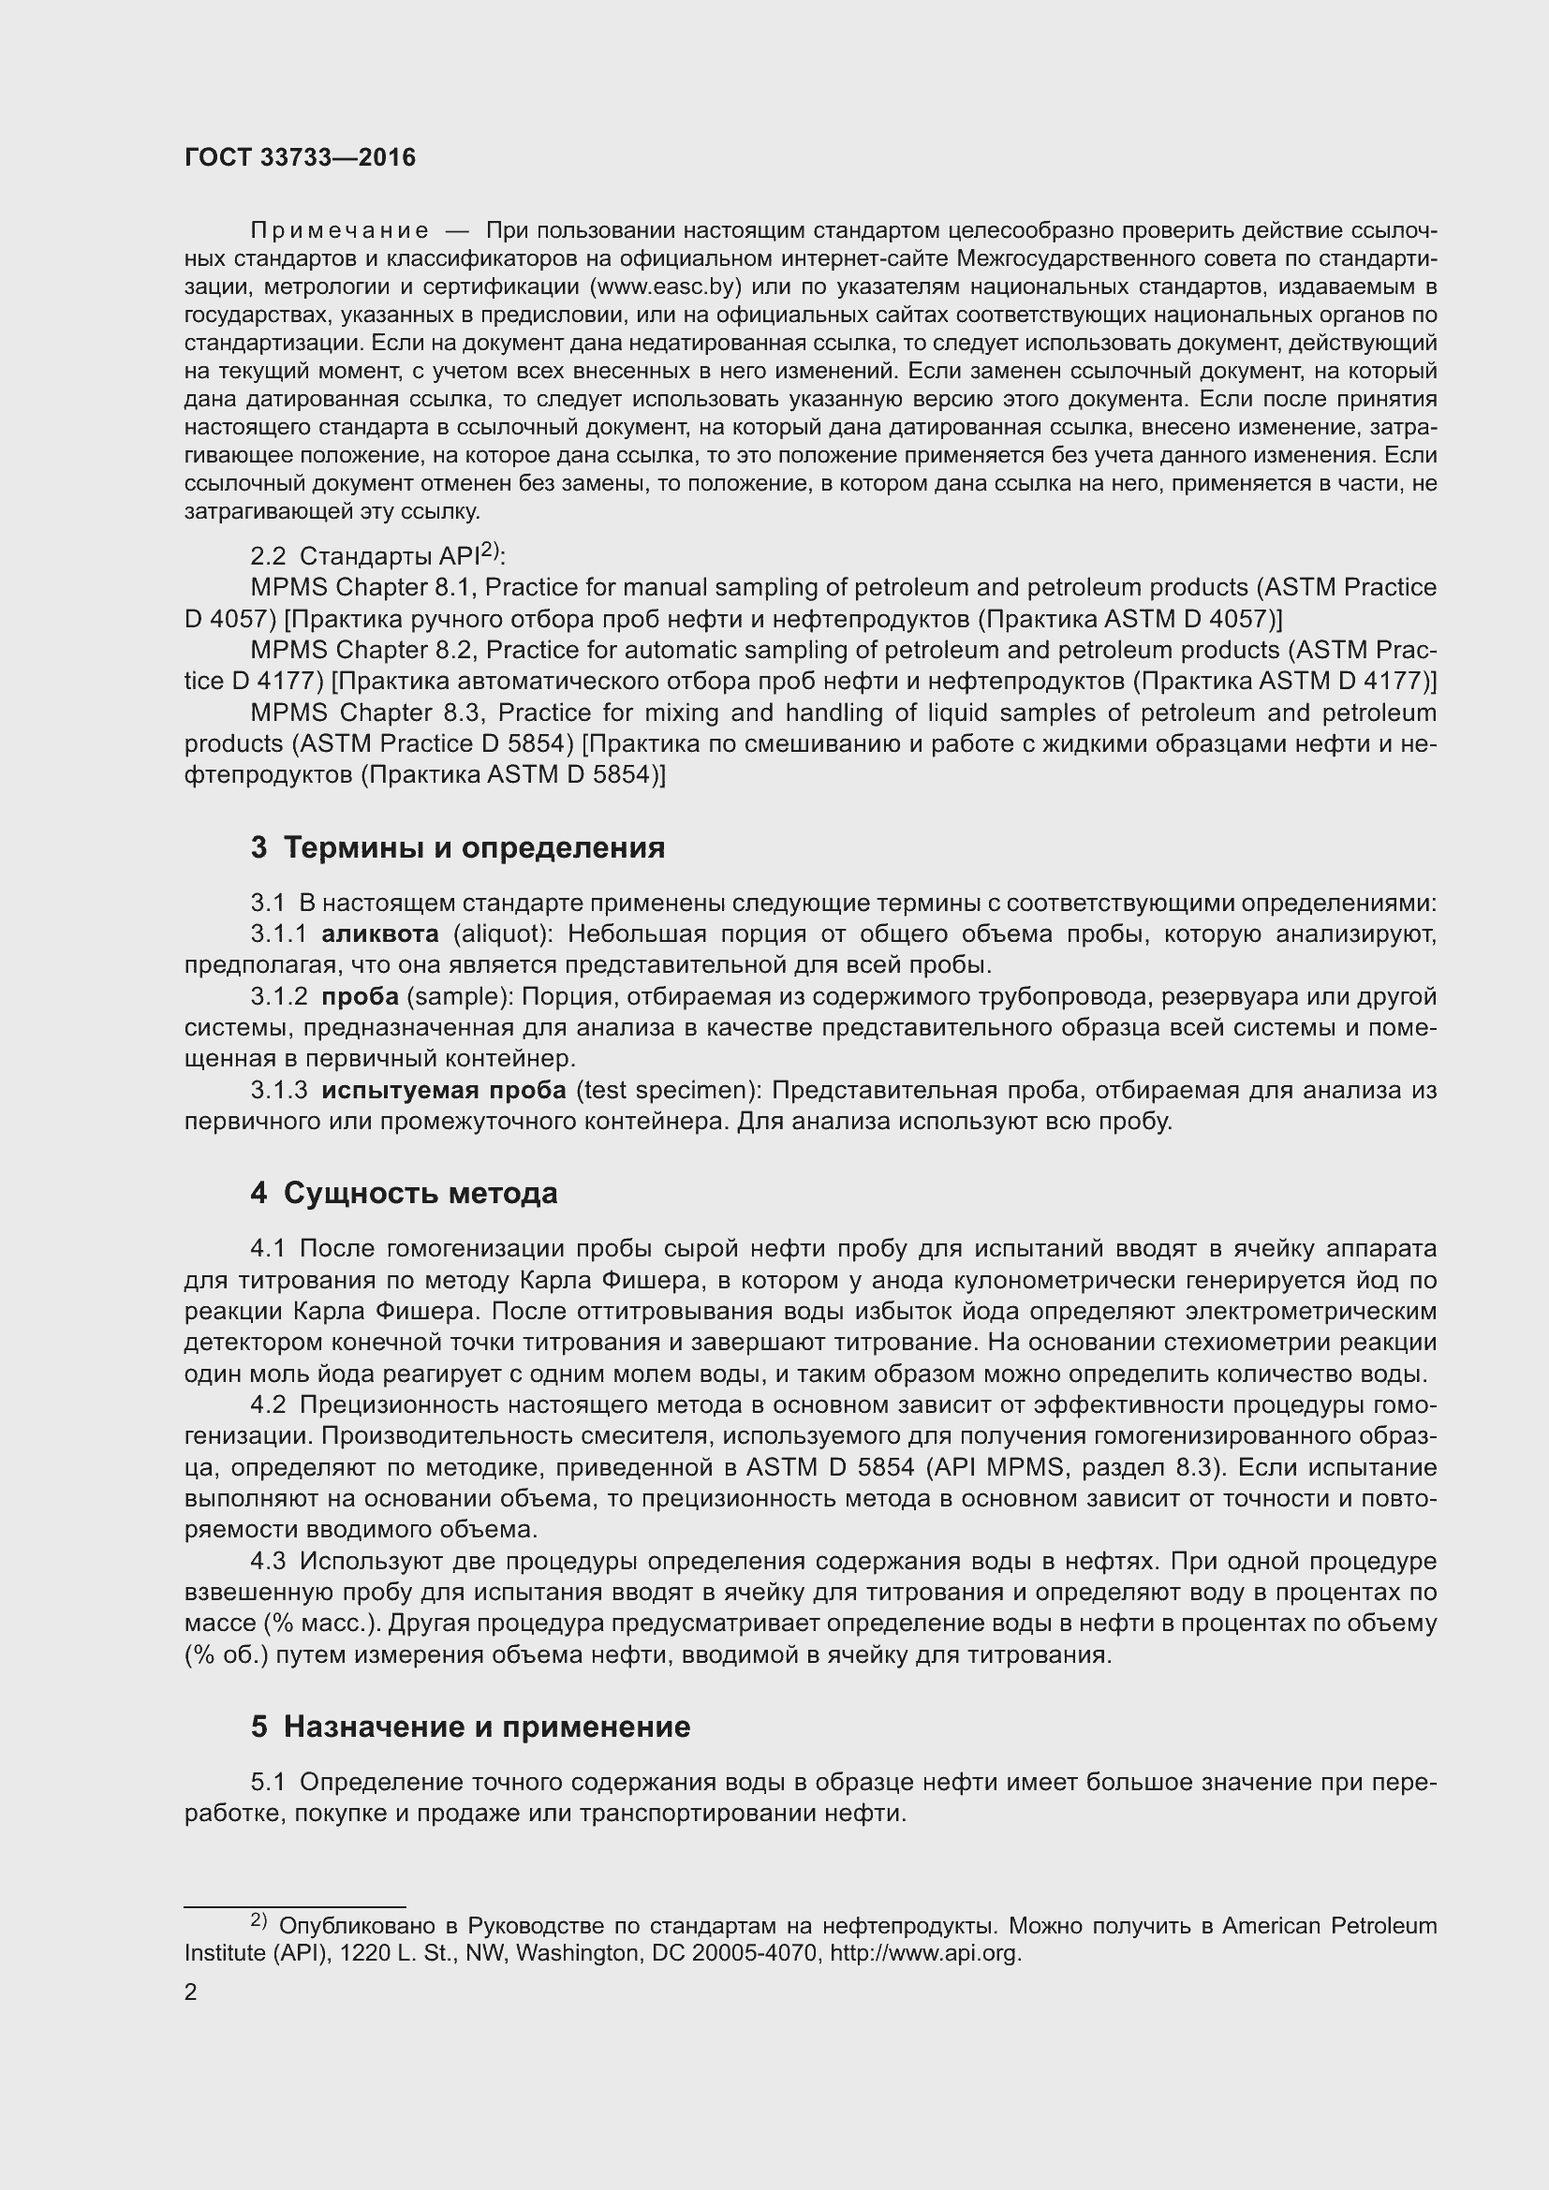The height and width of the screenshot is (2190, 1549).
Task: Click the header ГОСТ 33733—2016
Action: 300,157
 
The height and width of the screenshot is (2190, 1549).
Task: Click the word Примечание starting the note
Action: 340,231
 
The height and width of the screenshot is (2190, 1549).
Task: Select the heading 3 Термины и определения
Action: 458,847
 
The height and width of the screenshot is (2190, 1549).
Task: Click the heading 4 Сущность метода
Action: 405,1192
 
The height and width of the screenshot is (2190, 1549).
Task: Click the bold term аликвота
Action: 380,933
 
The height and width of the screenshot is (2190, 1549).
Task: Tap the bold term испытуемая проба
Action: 444,1090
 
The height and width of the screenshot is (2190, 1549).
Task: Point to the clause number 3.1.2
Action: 278,997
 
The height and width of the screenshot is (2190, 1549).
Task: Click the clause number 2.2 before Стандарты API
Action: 267,557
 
